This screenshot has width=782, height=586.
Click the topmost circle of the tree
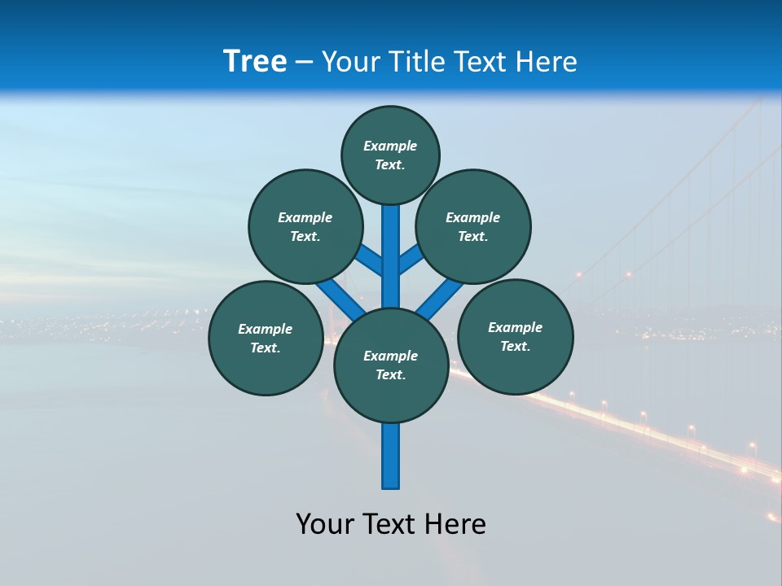tap(390, 155)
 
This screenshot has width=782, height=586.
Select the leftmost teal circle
tap(266, 338)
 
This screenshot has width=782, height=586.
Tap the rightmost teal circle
tap(515, 336)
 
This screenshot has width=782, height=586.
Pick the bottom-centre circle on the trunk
tap(391, 365)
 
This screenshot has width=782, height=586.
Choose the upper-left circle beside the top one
tap(305, 226)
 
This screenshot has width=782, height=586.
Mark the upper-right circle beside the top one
tap(473, 226)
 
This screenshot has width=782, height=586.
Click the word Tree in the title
tap(255, 61)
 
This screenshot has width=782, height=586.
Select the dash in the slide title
tap(304, 63)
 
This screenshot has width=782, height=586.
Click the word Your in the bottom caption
tap(324, 524)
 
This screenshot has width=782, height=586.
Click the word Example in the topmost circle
tap(390, 146)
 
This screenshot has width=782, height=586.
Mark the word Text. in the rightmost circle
tap(515, 346)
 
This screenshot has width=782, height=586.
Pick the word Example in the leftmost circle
tap(265, 329)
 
